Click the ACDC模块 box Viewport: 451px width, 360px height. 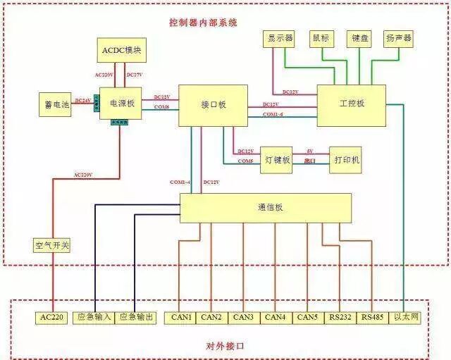pos(121,51)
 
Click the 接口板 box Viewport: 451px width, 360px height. pos(212,106)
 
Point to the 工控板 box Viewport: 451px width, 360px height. pos(351,105)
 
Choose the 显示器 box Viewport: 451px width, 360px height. pos(280,38)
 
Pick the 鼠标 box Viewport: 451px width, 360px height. pos(321,38)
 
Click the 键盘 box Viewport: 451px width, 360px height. pos(359,38)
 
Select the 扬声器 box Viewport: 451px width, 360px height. pos(398,38)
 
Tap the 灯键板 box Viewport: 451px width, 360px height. pos(276,160)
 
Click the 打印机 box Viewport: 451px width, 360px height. pos(347,160)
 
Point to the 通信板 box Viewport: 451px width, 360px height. pos(265,208)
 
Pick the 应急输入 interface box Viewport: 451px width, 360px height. pos(94,318)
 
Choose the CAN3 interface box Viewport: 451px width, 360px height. pos(244,318)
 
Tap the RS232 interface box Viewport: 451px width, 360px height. pos(341,318)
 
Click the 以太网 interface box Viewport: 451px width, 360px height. pos(407,318)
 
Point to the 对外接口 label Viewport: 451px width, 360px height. pos(225,347)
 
